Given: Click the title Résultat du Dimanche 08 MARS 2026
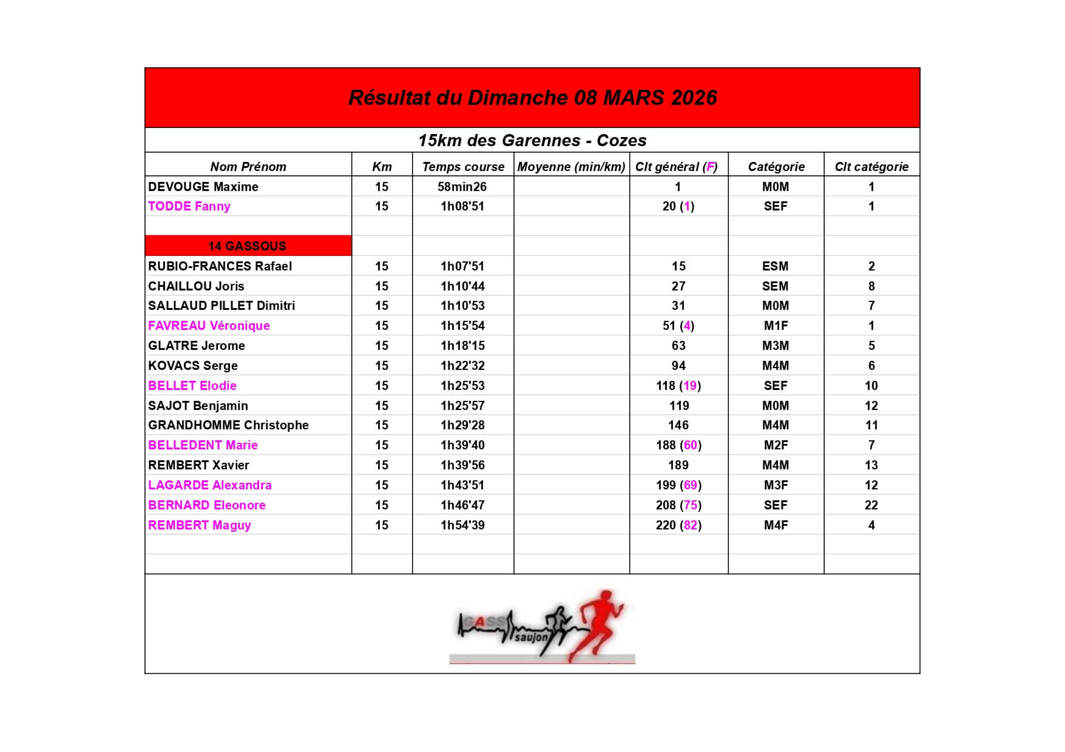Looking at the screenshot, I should [532, 98].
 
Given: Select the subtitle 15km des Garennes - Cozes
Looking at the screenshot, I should [532, 141].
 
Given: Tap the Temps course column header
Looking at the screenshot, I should [463, 167].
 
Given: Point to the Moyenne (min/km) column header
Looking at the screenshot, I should [571, 167].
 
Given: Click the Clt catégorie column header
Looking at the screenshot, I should [871, 167].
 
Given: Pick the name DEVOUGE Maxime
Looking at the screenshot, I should [203, 187].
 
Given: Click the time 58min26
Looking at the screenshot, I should [462, 187].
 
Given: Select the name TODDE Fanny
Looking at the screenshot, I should [189, 206].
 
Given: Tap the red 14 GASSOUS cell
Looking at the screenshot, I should [248, 246].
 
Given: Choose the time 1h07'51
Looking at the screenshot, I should [462, 266].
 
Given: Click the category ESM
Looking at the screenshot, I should [776, 266].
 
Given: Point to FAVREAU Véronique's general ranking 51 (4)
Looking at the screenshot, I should [678, 326].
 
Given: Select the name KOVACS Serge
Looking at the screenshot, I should [193, 366].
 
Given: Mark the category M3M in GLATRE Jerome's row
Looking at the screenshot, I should [776, 346].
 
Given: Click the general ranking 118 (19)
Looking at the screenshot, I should [678, 386].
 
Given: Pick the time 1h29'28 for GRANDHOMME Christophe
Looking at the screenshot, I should [462, 425].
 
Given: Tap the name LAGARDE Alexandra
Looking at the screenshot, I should [210, 485].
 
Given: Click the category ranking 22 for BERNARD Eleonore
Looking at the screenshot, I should [871, 505].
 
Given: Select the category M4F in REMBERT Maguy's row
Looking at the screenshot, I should [776, 525].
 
